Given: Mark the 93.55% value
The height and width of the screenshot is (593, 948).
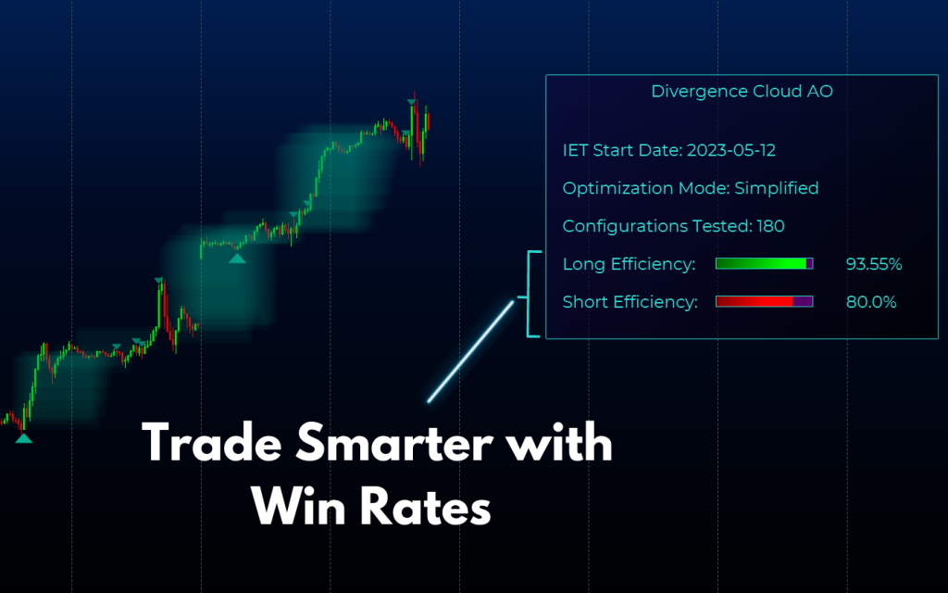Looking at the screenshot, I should coord(873,265).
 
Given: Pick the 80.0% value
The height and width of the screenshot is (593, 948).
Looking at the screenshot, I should coord(870,302).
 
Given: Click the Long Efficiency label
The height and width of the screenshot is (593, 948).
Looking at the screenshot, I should coord(629,265).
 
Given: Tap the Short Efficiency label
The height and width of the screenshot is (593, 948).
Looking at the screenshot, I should coord(630,302).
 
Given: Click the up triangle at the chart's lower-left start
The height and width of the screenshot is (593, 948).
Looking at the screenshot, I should coord(23,438).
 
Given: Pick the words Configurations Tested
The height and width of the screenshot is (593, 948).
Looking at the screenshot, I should coord(656,226).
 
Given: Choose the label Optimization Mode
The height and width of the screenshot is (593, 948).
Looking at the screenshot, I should coord(645,188).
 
